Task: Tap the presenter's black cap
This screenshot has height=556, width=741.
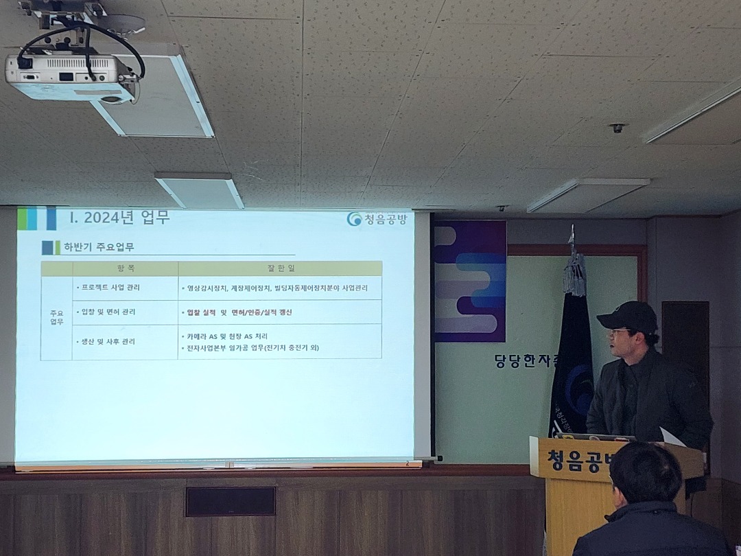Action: click(x=628, y=317)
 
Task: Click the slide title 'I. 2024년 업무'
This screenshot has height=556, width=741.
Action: click(x=120, y=218)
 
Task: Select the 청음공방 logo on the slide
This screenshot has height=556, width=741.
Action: click(x=377, y=219)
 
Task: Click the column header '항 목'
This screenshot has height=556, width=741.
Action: click(x=126, y=268)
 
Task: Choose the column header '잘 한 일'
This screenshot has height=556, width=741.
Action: click(x=279, y=268)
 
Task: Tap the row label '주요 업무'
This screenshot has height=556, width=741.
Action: click(x=56, y=318)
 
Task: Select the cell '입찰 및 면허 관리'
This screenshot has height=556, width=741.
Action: click(x=108, y=312)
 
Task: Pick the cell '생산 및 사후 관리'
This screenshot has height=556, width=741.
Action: click(x=108, y=341)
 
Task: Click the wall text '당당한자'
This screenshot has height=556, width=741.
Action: click(x=526, y=360)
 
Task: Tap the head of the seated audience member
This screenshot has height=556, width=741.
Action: click(x=645, y=474)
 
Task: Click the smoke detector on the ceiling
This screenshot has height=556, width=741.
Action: click(x=617, y=128)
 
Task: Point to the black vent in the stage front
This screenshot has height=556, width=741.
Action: click(x=230, y=501)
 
